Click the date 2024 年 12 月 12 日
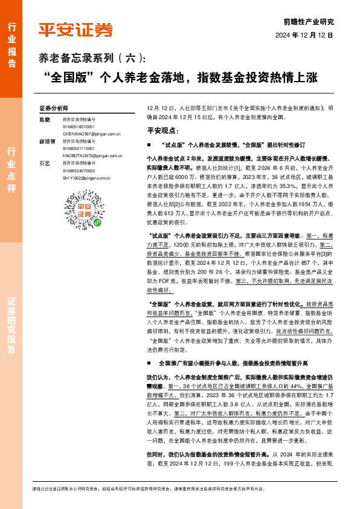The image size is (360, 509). (x=304, y=36)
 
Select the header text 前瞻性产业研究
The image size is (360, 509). (x=308, y=21)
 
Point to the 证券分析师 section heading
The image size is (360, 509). (x=54, y=108)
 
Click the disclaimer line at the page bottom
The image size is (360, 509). (x=181, y=488)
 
